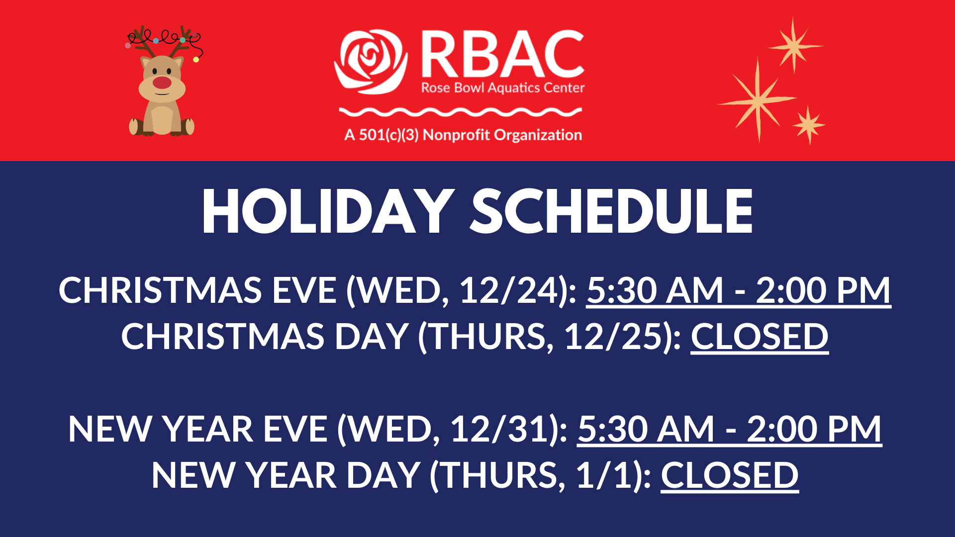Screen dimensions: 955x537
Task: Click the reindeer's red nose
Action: (x=162, y=83)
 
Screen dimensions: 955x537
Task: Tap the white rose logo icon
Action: (x=371, y=62)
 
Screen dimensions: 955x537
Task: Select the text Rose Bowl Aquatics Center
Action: (x=503, y=88)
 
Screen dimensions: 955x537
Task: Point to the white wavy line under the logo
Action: (x=461, y=112)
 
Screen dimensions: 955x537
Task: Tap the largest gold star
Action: (x=757, y=99)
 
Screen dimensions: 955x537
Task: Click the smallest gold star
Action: (x=809, y=124)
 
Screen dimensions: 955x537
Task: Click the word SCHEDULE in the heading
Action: (x=611, y=212)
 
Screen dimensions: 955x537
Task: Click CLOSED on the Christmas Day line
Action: (x=760, y=337)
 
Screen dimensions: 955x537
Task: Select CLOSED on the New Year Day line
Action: (x=730, y=475)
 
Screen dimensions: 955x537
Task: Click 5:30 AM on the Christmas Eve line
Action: (x=655, y=290)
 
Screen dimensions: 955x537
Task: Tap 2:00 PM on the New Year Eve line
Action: (x=814, y=429)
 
